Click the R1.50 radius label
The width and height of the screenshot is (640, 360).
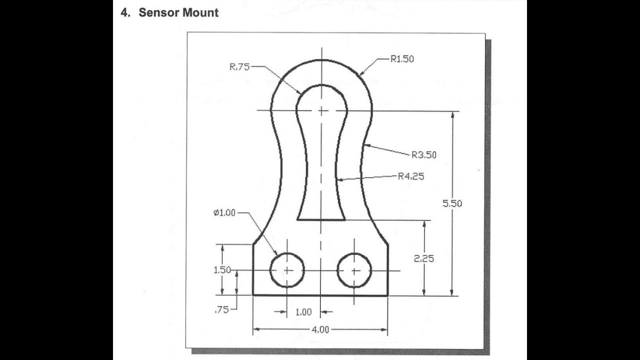(x=402, y=59)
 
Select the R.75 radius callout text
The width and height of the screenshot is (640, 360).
(x=239, y=67)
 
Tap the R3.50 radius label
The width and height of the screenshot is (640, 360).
(x=424, y=155)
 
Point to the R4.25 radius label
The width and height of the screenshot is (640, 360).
(x=411, y=176)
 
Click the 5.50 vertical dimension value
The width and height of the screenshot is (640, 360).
(x=452, y=203)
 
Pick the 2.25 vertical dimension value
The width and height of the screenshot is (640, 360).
(x=424, y=258)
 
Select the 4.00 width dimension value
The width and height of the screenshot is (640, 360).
(x=320, y=329)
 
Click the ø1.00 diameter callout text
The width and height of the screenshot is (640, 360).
(x=224, y=213)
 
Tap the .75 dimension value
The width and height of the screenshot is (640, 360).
(x=221, y=309)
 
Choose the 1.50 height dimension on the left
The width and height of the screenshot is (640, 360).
(x=222, y=270)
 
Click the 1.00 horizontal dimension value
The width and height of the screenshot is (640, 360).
(x=303, y=312)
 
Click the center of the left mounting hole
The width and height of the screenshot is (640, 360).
(x=287, y=270)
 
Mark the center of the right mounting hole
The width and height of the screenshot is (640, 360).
(x=354, y=270)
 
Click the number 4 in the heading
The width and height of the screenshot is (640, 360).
(x=124, y=13)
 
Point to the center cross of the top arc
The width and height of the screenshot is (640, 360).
(x=321, y=110)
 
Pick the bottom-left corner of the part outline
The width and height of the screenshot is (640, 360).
(x=253, y=295)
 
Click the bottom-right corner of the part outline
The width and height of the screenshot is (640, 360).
(x=388, y=295)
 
